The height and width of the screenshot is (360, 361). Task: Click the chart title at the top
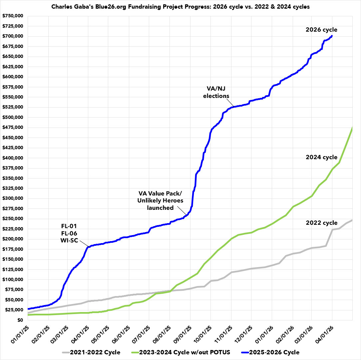[x=180, y=7]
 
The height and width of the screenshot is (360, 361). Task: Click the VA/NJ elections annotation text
[x=216, y=93]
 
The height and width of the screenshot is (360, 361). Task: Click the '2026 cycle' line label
[x=321, y=29]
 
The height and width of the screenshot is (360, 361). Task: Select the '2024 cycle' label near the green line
[x=321, y=157]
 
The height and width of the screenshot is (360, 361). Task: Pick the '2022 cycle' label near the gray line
[x=321, y=223]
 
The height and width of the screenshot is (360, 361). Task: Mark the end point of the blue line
[x=332, y=36]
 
